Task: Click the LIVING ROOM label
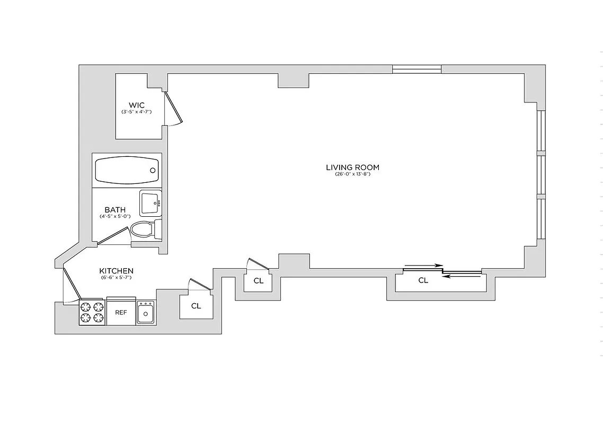(352, 167)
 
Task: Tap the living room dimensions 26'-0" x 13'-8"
(352, 174)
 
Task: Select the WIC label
(136, 105)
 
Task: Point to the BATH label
(115, 210)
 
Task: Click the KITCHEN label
(117, 271)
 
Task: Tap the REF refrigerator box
(121, 312)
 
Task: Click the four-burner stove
(93, 312)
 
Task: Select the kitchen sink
(146, 313)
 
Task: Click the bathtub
(127, 170)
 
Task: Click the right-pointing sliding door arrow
(423, 266)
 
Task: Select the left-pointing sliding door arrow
(462, 276)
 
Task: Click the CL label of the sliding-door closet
(423, 281)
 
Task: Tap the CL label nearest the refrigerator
(196, 306)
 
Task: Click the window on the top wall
(416, 68)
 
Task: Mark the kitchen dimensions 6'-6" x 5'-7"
(116, 278)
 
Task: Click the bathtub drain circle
(153, 170)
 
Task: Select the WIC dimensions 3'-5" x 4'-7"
(136, 112)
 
